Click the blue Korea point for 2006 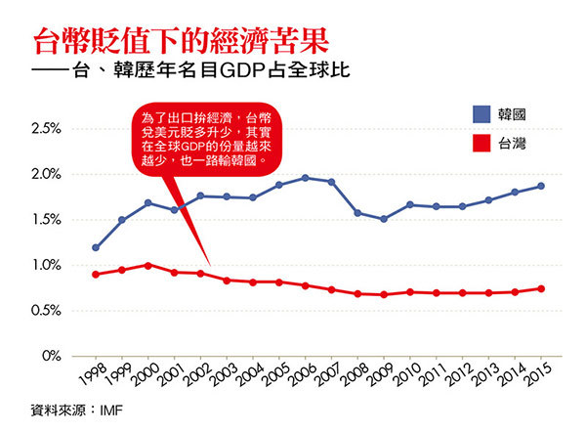(x=306, y=178)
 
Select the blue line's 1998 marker (x=95, y=247)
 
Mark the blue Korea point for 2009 (x=384, y=219)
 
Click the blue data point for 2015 (x=541, y=186)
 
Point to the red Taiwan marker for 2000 (x=147, y=265)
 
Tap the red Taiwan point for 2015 (x=541, y=288)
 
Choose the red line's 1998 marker (x=95, y=275)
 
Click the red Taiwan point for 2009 (x=384, y=294)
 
